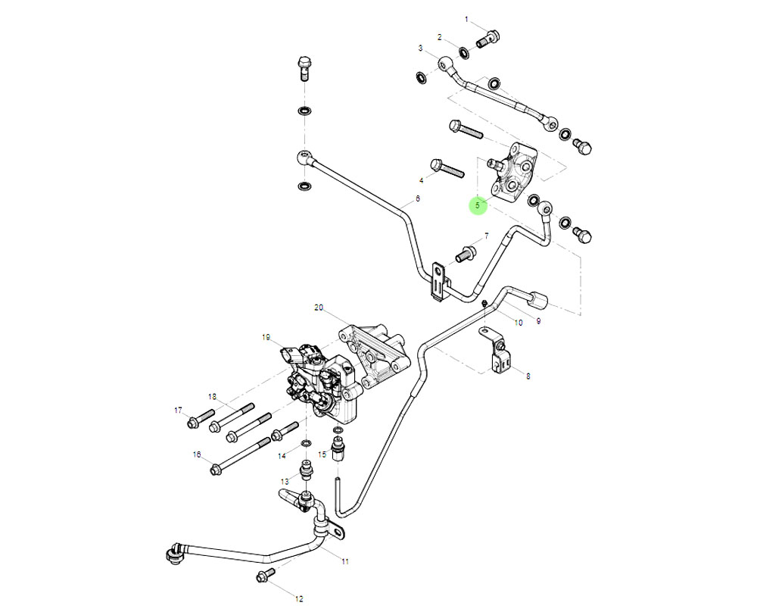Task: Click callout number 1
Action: pos(466,19)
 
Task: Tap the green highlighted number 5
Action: pos(478,205)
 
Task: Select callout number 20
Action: pos(319,308)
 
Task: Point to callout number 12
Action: pos(299,599)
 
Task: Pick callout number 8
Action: pos(528,376)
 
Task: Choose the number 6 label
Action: pos(416,201)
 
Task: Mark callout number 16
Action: pos(197,454)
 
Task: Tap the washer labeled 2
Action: pos(463,49)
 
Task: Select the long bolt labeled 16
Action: pos(241,454)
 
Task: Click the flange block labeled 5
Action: pos(512,172)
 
